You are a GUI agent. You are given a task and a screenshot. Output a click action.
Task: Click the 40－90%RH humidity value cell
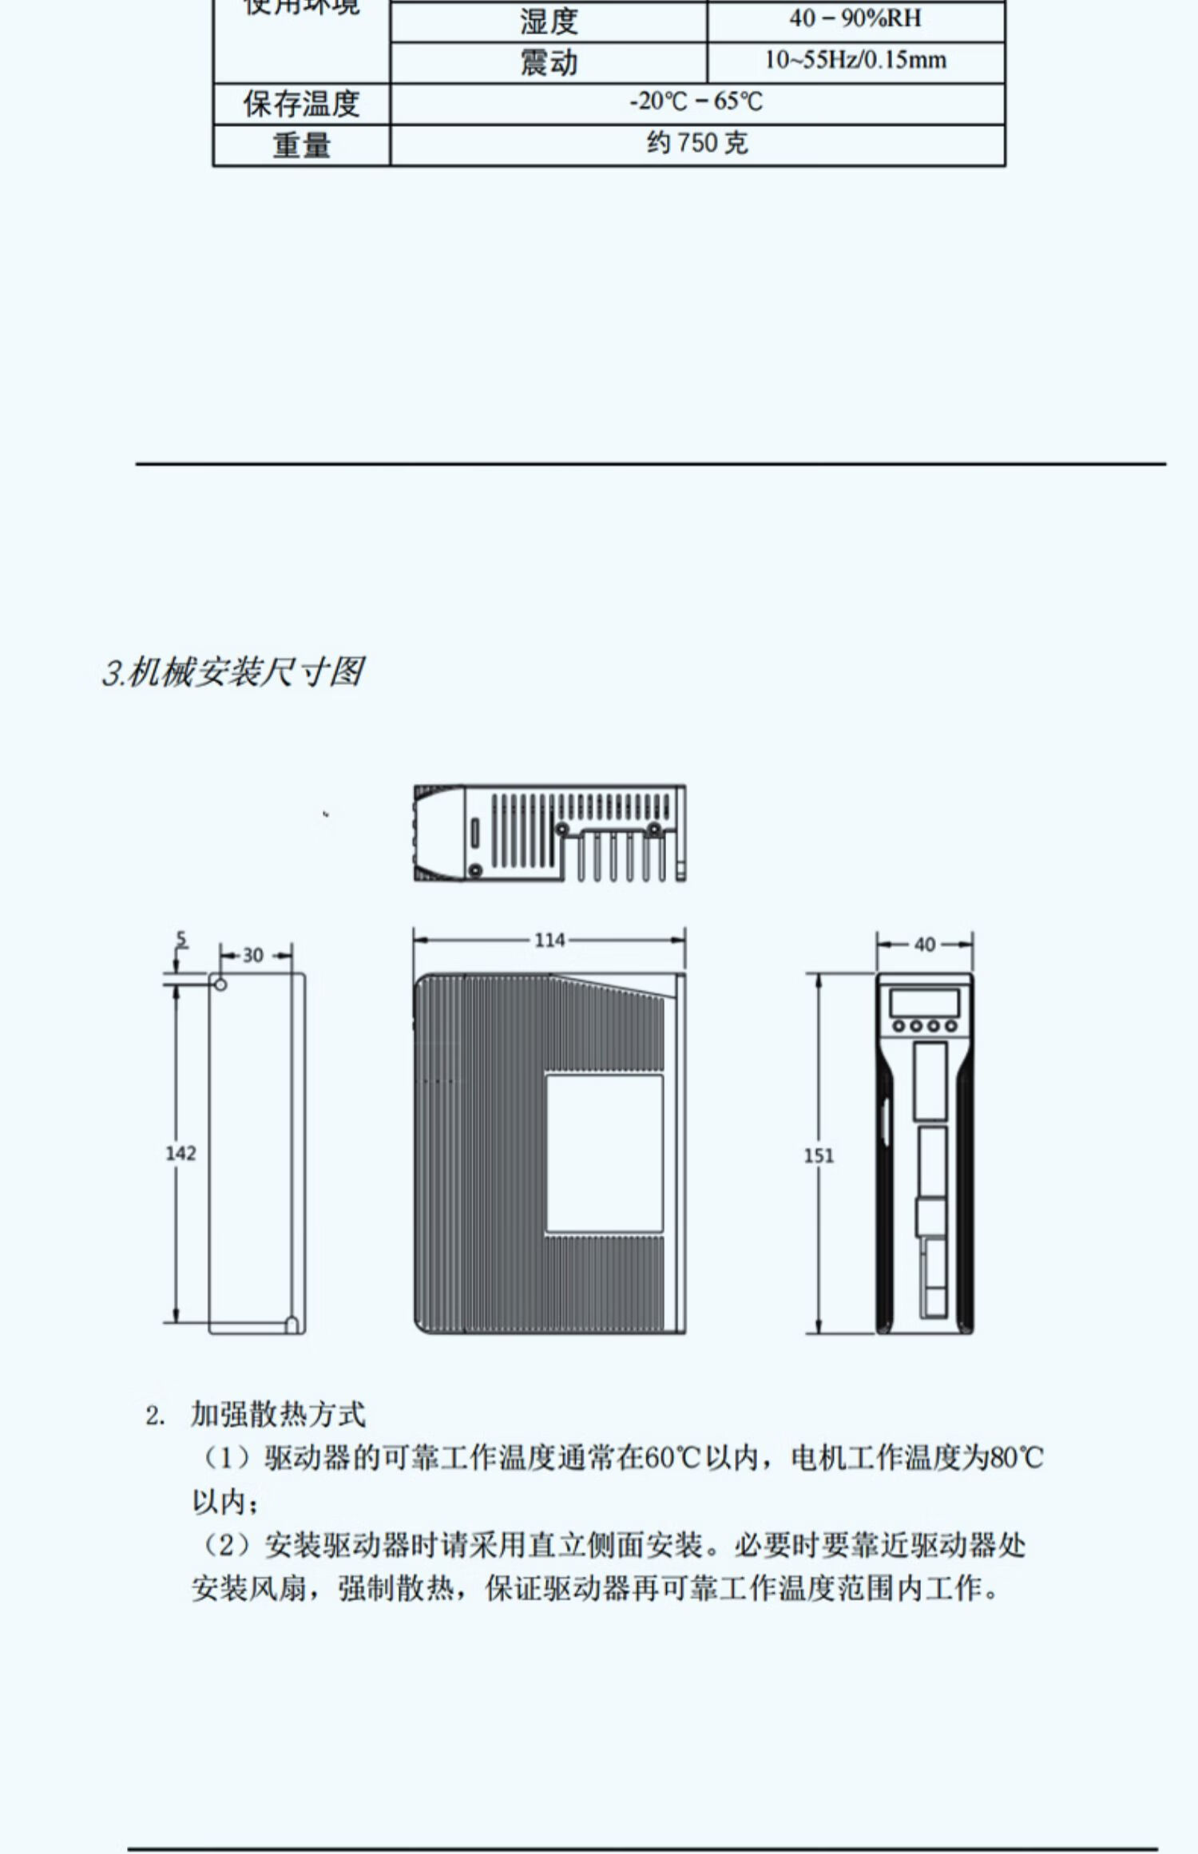pos(855,19)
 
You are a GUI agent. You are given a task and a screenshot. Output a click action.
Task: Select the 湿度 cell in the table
pos(549,22)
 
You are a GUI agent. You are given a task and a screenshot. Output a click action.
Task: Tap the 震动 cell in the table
pos(549,63)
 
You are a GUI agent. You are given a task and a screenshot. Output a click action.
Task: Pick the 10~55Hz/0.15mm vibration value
pos(855,61)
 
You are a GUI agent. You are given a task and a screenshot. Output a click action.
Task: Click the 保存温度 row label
pos(301,105)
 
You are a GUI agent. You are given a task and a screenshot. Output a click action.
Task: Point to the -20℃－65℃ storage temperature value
pos(696,102)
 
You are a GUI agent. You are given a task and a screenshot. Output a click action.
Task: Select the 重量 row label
pos(301,145)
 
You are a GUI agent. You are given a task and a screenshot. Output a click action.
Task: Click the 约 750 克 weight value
pos(696,144)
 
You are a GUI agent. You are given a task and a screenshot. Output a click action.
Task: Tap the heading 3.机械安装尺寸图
pos(232,672)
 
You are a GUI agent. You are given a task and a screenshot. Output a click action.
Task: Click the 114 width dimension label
pos(549,940)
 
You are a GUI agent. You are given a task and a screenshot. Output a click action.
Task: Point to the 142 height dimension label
pos(180,1153)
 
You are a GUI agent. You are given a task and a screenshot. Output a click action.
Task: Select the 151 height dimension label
pos(819,1155)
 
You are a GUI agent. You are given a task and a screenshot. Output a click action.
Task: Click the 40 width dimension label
pos(924,945)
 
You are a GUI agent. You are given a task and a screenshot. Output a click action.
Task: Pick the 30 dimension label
pos(252,955)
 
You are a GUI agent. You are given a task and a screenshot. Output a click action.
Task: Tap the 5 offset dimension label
pos(181,941)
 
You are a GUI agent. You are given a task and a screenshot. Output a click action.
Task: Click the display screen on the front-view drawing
pos(924,1003)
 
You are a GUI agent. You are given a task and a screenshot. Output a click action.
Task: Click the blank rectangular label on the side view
pos(604,1153)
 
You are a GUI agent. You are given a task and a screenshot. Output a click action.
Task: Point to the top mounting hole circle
pos(220,984)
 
